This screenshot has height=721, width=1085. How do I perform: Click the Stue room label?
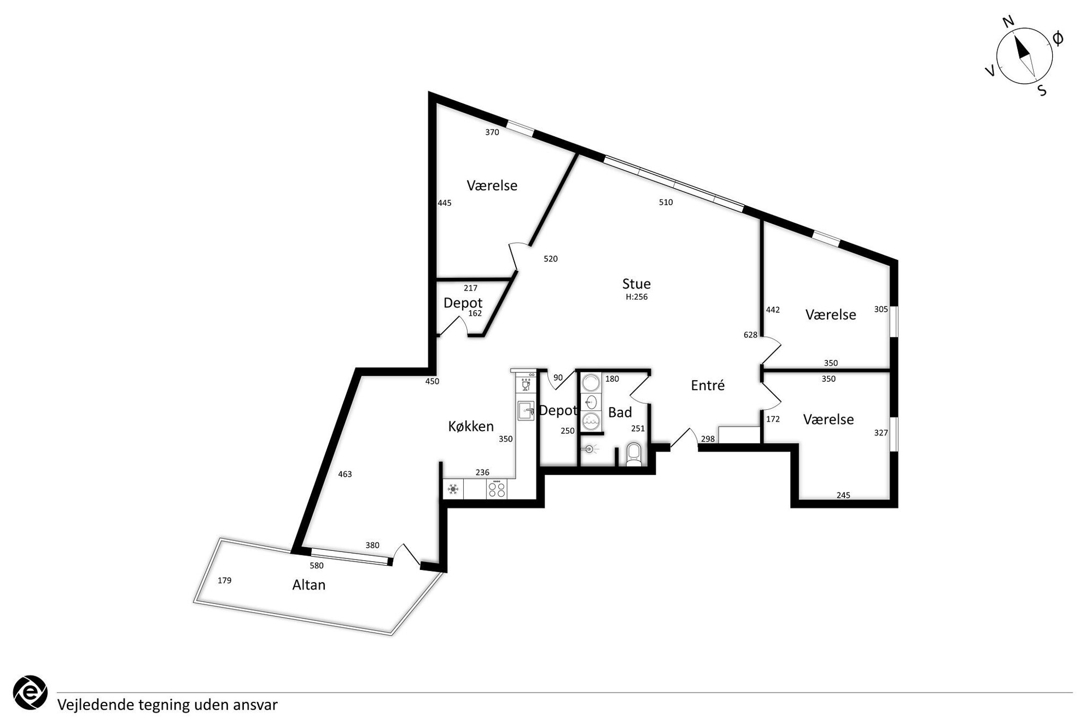637,284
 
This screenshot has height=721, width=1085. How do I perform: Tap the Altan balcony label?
309,585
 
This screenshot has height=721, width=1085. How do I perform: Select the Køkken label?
471,426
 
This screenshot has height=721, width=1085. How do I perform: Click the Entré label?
708,385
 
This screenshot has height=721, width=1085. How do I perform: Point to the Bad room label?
620,412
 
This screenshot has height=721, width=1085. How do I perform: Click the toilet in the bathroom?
634,455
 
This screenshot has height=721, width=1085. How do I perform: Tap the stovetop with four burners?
497,489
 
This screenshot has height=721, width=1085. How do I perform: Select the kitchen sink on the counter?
526,410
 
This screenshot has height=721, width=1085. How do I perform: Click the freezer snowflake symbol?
453,489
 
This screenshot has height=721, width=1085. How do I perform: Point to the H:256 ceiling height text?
637,297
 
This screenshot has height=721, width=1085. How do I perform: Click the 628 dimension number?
750,335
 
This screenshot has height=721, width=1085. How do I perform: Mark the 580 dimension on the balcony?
317,566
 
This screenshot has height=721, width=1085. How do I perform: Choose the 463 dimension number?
345,474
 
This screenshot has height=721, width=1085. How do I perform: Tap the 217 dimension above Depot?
470,288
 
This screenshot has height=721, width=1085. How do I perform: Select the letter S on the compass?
1042,91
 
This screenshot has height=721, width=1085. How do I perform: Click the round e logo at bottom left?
30,693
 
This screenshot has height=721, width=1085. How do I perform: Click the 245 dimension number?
843,495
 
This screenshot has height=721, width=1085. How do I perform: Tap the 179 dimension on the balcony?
224,580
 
